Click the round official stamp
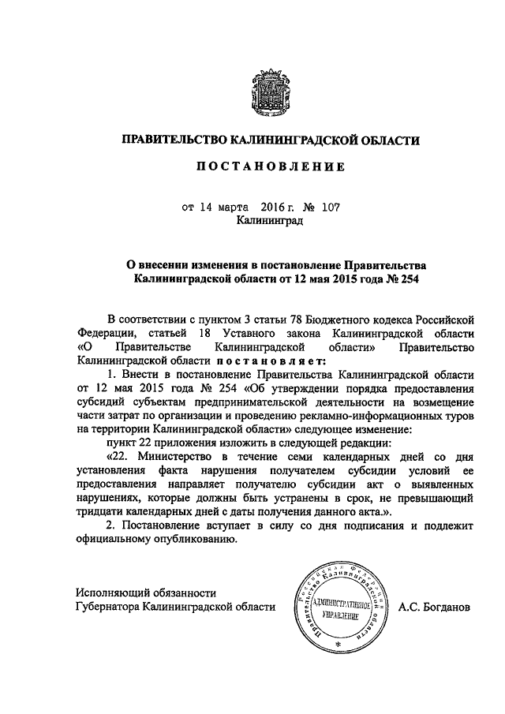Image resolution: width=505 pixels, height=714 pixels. point(338,607)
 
